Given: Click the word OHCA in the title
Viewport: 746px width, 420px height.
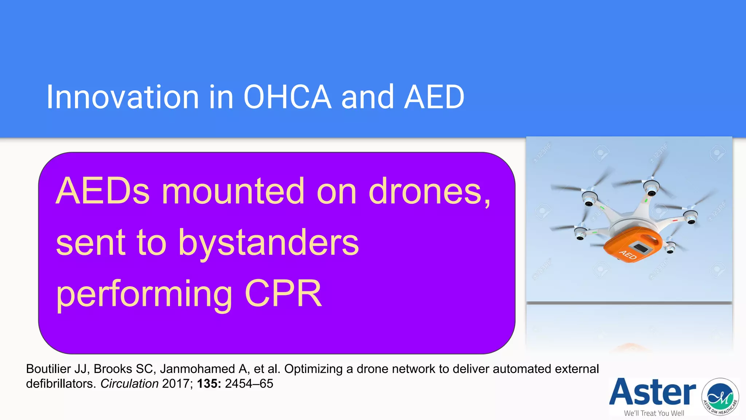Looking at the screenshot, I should pos(287,97).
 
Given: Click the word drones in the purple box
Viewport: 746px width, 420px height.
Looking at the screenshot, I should pos(426,191).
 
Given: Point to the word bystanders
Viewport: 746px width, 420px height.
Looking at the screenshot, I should pos(268,243).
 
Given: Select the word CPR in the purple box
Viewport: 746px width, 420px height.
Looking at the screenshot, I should pos(283,294).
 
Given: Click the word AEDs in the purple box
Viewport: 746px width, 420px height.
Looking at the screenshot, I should pos(103,191).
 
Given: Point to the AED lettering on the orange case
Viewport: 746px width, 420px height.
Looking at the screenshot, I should pos(628,254).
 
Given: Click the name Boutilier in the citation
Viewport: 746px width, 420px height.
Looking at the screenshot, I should pos(48,369).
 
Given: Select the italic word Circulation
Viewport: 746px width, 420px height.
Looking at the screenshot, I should pos(129,384).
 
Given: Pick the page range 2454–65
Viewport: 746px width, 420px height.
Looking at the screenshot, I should pos(249,384).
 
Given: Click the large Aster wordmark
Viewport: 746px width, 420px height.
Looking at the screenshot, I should pos(652,392).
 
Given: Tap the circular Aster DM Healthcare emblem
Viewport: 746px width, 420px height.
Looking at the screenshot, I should pos(720,397).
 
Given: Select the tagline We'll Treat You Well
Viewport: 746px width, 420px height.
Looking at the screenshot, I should pos(654,413).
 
